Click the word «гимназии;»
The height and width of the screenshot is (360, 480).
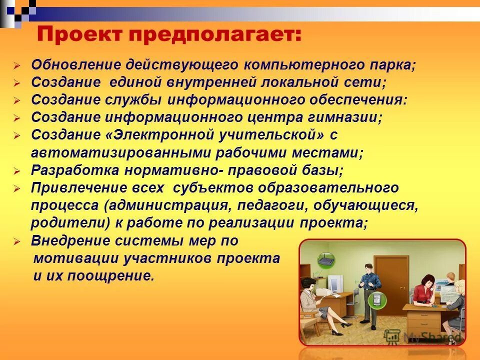click(x=345, y=118)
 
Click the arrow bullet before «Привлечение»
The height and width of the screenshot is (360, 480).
click(x=16, y=188)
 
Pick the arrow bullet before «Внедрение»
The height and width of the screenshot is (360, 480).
click(x=16, y=241)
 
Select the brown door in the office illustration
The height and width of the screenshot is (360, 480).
click(x=387, y=277)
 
